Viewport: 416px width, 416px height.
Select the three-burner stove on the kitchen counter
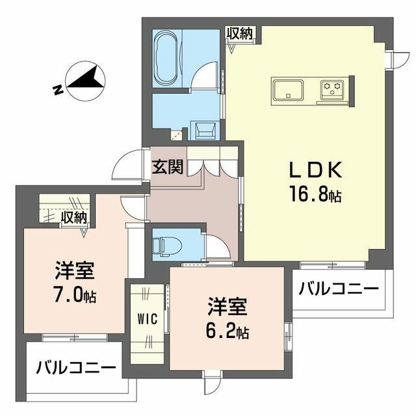pyautogui.click(x=331, y=88)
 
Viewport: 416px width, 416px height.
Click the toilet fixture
pyautogui.click(x=167, y=246)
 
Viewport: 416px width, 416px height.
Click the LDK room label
pyautogui.click(x=315, y=170)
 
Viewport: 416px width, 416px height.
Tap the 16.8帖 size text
pyautogui.click(x=315, y=194)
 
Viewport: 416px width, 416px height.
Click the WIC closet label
pyautogui.click(x=148, y=318)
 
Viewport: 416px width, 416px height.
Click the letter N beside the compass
pyautogui.click(x=58, y=90)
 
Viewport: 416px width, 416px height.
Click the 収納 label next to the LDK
pyautogui.click(x=240, y=33)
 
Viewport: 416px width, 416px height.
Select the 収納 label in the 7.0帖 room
pyautogui.click(x=74, y=218)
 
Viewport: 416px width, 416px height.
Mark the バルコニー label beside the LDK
pyautogui.click(x=339, y=289)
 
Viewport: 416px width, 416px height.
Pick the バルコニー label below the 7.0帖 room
pyautogui.click(x=76, y=368)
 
